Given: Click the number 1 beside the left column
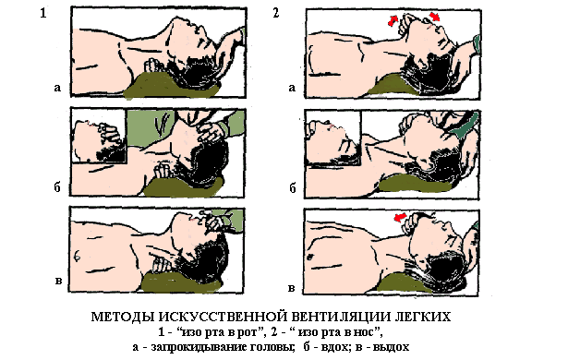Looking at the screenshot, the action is coord(43,13).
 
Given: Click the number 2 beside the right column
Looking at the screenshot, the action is coord(275,13).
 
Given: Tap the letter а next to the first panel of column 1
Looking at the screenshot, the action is coord(57,88).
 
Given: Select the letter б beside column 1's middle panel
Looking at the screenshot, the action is coord(57,186).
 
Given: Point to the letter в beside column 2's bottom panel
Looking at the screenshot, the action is coord(291,289).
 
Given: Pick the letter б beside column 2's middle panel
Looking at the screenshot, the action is coord(293,187).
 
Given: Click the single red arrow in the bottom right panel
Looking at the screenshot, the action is coord(400,217).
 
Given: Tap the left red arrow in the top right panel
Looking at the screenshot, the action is coord(393,20).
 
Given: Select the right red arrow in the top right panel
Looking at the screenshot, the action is coord(434,17).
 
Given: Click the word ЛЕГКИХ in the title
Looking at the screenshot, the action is coord(422,317).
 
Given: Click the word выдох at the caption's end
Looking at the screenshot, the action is coord(391,347).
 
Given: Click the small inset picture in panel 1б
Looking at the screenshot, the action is coord(99,137).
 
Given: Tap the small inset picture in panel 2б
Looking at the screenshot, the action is coord(332,138).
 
